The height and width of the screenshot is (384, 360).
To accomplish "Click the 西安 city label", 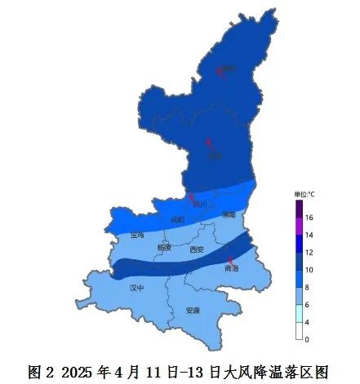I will (x=196, y=250).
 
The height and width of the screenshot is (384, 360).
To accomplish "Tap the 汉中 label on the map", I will (x=136, y=288).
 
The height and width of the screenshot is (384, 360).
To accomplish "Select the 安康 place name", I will (x=193, y=311).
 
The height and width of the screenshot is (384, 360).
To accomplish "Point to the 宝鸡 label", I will (x=136, y=235).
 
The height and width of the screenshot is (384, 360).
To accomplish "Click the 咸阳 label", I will (x=178, y=219).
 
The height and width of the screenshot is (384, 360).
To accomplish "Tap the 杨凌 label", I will (x=164, y=246).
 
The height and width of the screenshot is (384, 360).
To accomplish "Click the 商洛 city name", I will (x=232, y=268).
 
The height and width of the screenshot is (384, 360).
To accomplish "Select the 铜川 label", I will (x=201, y=205).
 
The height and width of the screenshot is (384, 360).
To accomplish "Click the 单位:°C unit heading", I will (x=304, y=195).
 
